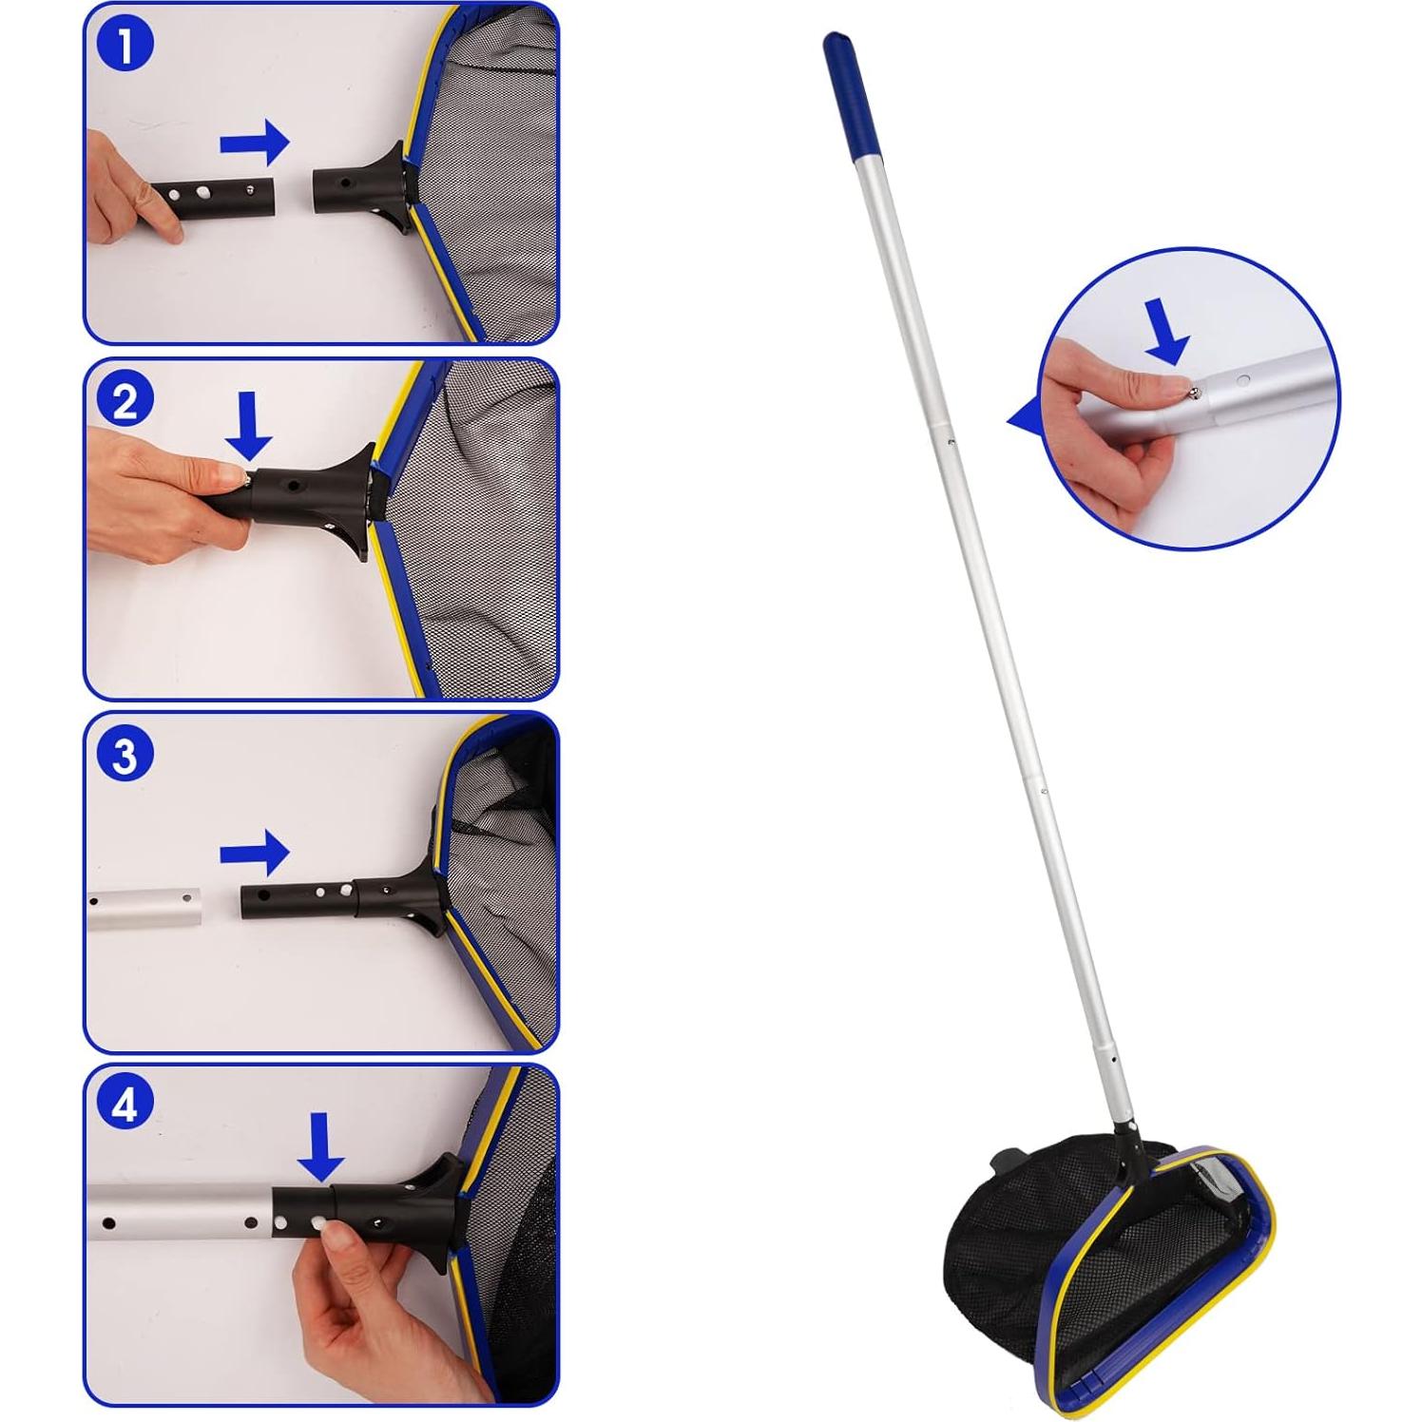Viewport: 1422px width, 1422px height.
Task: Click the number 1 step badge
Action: pyautogui.click(x=125, y=46)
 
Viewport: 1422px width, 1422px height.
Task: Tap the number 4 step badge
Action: pyautogui.click(x=125, y=1107)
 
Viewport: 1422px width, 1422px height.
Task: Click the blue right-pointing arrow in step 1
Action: pyautogui.click(x=254, y=144)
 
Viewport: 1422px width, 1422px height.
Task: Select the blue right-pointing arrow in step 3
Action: pyautogui.click(x=254, y=853)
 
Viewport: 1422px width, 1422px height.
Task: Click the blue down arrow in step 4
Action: pyautogui.click(x=320, y=1147)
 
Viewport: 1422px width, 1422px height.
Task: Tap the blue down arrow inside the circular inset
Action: pyautogui.click(x=1168, y=329)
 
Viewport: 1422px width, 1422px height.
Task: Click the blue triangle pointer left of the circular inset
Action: pyautogui.click(x=1025, y=417)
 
